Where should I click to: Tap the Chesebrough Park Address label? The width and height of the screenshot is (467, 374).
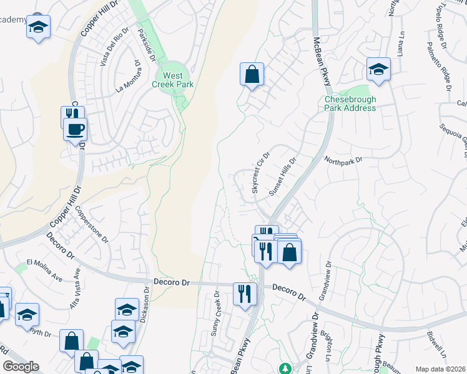[350, 103]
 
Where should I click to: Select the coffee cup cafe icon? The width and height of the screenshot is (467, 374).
[76, 130]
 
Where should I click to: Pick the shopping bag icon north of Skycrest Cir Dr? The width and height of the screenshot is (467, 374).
[252, 75]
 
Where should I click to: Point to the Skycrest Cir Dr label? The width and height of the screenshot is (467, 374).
[260, 173]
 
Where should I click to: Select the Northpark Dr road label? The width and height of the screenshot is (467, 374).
[343, 160]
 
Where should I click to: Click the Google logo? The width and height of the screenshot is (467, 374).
[21, 367]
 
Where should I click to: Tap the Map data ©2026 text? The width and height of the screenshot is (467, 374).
[440, 369]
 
